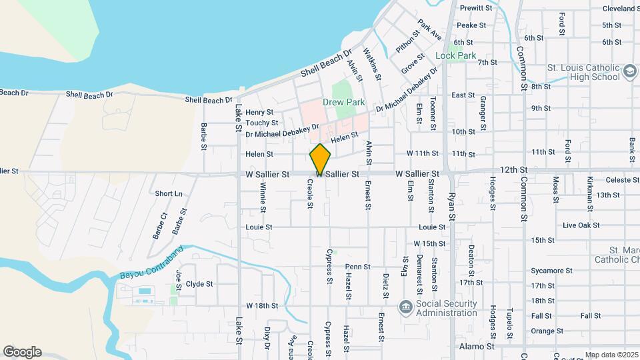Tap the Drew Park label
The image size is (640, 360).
click(x=343, y=102)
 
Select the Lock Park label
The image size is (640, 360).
click(x=456, y=55)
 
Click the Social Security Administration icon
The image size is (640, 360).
click(x=405, y=307)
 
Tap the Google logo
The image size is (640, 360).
click(x=22, y=352)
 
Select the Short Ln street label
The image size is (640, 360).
click(x=168, y=193)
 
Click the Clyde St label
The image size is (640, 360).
click(x=199, y=283)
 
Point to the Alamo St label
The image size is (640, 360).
click(x=477, y=347)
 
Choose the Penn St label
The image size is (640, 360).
click(x=357, y=267)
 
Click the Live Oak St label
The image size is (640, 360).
click(x=581, y=226)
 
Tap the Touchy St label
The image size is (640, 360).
click(x=261, y=123)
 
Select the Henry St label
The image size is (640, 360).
click(x=259, y=112)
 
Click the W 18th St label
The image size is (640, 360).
click(x=261, y=305)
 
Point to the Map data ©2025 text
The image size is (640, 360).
click(x=610, y=355)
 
